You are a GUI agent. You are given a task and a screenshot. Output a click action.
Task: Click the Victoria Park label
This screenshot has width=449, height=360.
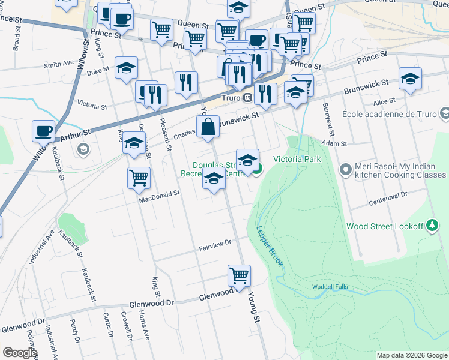coord(297,159)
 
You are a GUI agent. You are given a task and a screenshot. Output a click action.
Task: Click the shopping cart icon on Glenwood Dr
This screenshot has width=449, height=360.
coord(239,276)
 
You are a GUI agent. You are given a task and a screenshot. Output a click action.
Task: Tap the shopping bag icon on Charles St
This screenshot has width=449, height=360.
coord(208,127)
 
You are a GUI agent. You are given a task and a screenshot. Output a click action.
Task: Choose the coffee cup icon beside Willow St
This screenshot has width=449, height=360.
coord(44,131)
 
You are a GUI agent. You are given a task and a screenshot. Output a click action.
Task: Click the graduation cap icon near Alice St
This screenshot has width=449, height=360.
coord(410,79)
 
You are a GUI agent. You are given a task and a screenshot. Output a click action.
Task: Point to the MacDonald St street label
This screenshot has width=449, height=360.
coord(160,194)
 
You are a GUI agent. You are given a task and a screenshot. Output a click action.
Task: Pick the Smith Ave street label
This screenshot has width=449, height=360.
coord(59,64)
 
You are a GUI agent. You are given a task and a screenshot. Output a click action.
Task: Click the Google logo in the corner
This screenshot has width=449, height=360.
coord(20,353)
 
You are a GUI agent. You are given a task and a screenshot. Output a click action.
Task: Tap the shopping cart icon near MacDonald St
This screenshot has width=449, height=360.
coord(139,177)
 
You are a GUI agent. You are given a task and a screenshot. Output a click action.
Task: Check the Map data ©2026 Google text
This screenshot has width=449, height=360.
coord(411,355)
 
